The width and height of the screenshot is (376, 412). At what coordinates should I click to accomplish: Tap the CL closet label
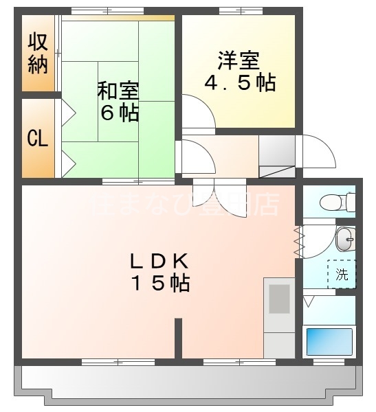(x=37, y=138)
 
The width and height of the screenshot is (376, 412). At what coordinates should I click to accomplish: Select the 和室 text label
(x=118, y=90)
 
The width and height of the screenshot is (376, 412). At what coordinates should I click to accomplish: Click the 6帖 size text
(x=119, y=113)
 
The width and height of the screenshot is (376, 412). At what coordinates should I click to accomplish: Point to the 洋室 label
(x=239, y=60)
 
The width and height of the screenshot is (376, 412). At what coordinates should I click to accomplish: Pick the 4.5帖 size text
(x=240, y=82)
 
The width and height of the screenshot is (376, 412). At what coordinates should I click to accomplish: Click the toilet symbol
(x=341, y=202)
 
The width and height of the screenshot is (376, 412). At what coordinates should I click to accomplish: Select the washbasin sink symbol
(x=344, y=240)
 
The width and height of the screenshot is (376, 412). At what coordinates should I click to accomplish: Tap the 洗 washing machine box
(x=342, y=275)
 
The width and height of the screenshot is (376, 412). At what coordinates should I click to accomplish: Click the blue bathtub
(x=329, y=341)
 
